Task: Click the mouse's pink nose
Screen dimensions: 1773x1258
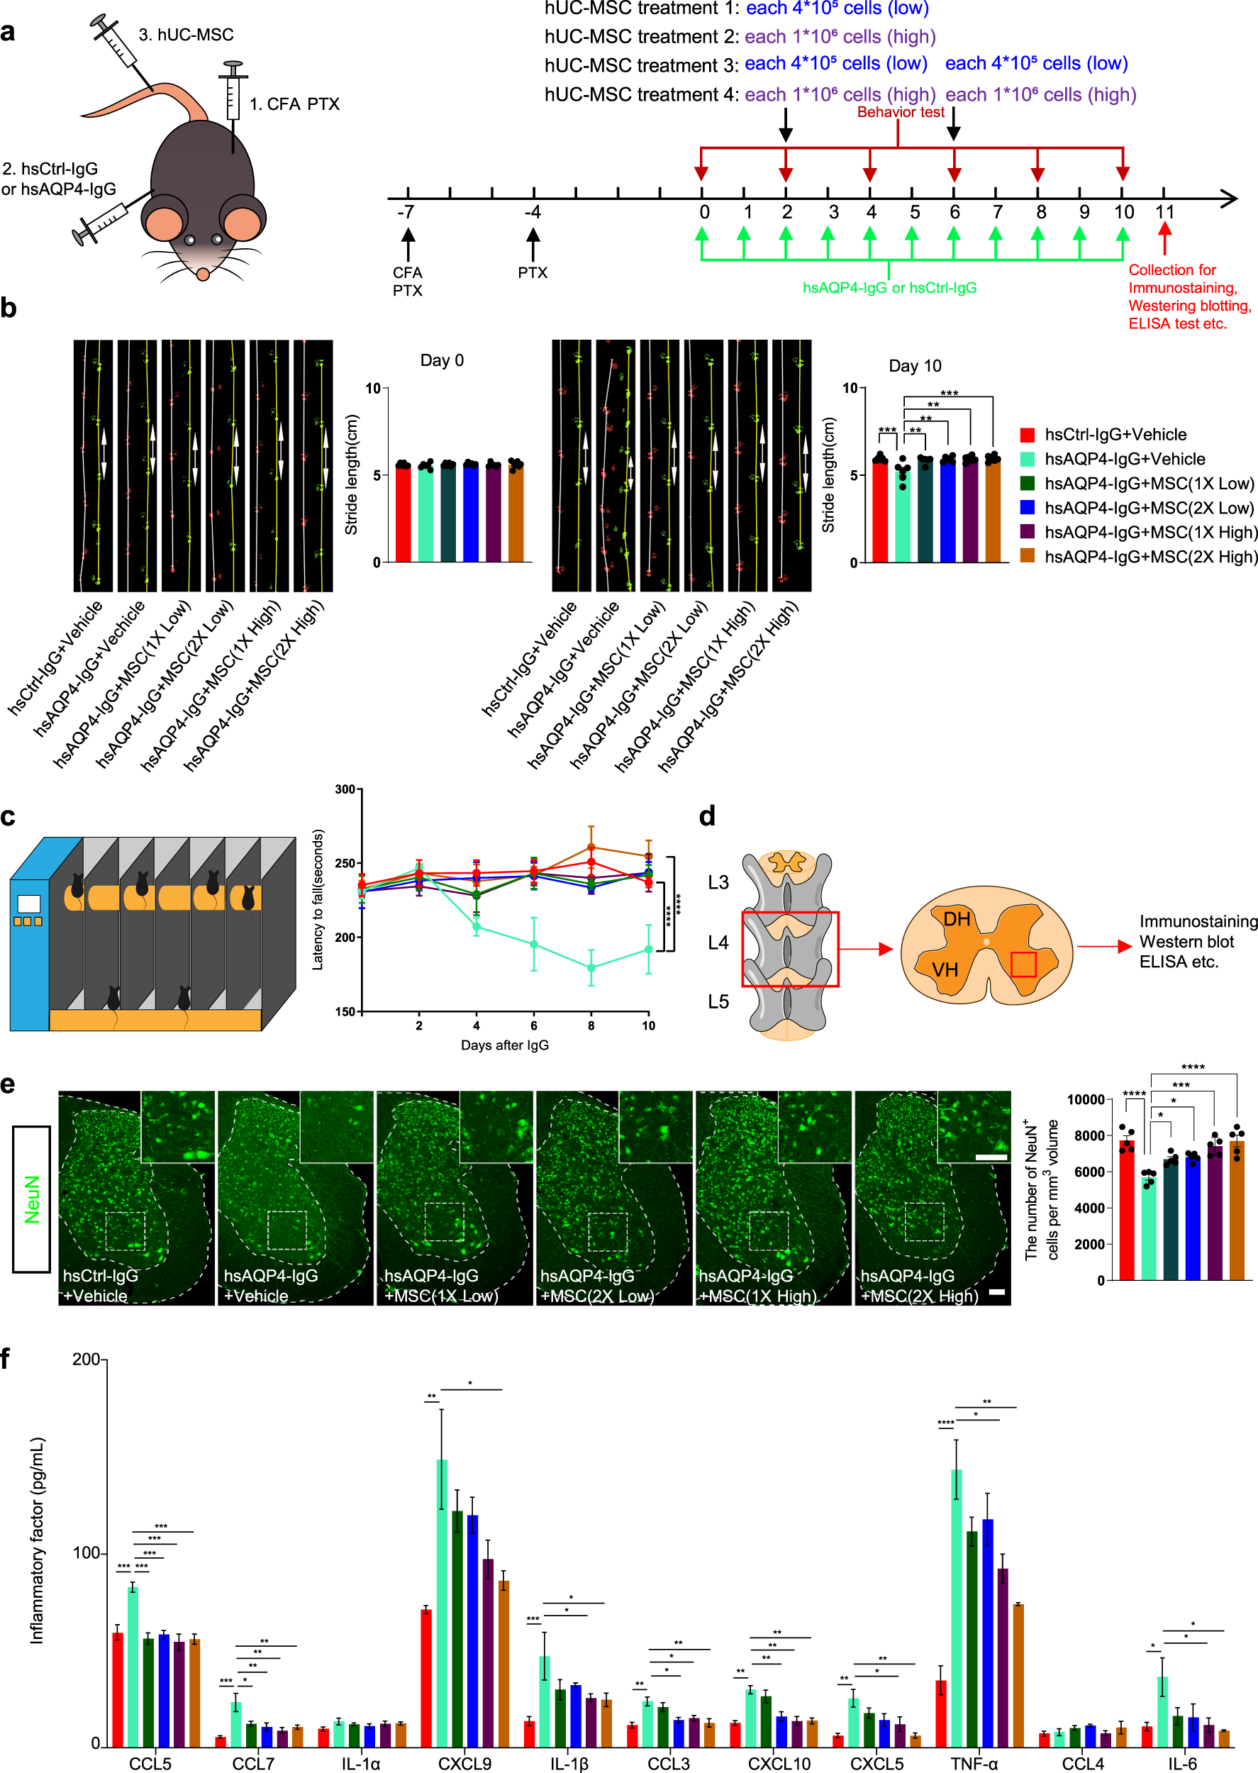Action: click(203, 274)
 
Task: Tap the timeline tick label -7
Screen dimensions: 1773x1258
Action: click(405, 212)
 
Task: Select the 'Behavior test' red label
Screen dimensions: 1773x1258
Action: click(900, 112)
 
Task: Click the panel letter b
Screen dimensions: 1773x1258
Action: click(9, 309)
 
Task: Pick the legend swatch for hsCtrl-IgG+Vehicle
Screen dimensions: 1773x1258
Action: click(1027, 435)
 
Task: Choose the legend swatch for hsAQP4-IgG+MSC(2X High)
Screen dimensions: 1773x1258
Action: click(1027, 556)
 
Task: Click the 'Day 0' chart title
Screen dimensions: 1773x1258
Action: click(442, 360)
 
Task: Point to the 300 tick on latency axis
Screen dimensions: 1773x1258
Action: click(345, 789)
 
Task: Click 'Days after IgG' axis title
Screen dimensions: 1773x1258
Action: click(504, 1045)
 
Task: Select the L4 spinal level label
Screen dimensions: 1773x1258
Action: click(718, 942)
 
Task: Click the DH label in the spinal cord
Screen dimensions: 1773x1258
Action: click(957, 919)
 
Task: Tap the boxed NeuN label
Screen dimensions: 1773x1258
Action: click(32, 1199)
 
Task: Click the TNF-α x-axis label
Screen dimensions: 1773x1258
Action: click(974, 1763)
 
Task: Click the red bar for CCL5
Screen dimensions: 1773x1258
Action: click(118, 1689)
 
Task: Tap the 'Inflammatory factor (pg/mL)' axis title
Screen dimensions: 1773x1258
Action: click(36, 1541)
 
